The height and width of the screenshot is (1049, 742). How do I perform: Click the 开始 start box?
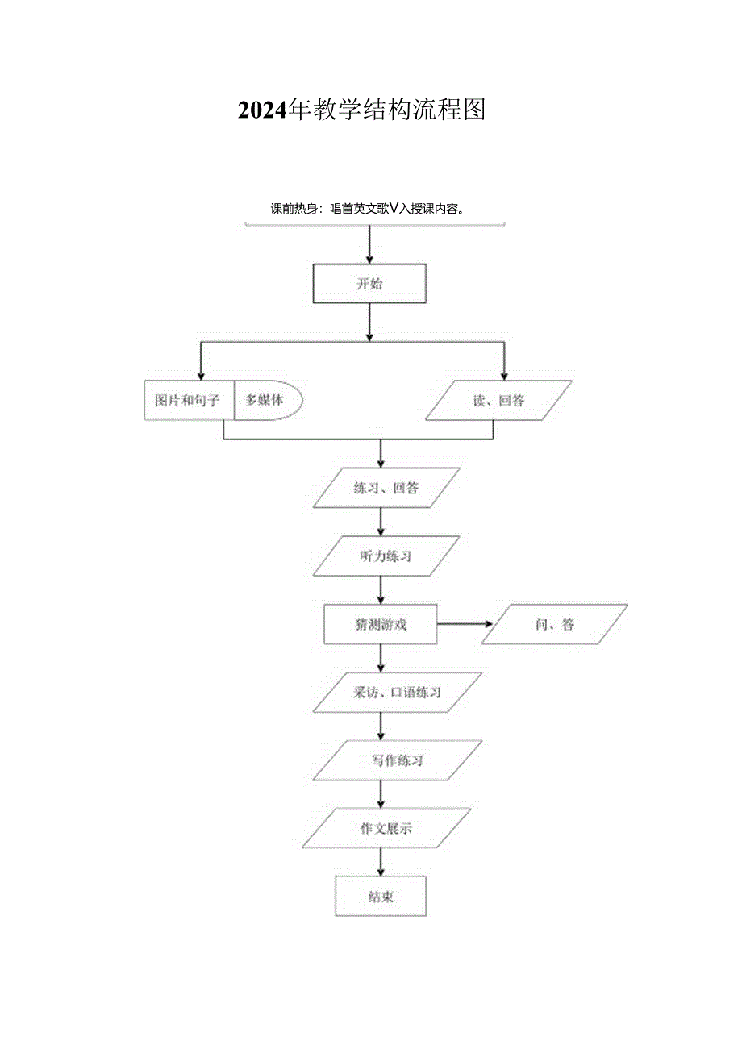[369, 284]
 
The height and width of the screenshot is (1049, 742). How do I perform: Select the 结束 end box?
[380, 897]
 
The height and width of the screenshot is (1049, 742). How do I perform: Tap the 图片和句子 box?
[189, 401]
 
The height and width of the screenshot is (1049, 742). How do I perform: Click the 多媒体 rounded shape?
[266, 401]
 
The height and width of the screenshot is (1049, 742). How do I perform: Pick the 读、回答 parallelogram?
[498, 401]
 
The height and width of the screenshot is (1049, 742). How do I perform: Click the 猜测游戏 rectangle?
[380, 624]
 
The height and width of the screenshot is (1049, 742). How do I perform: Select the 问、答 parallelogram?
[554, 624]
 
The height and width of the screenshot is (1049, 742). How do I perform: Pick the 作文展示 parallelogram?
[386, 828]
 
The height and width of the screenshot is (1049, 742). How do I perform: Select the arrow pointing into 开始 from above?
[369, 245]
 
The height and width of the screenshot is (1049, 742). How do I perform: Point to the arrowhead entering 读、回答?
[505, 374]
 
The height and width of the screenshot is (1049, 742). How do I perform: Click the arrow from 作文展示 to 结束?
[381, 862]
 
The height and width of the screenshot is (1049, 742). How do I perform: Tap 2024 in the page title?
[262, 110]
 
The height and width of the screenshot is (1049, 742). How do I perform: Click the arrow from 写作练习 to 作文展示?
[381, 794]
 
